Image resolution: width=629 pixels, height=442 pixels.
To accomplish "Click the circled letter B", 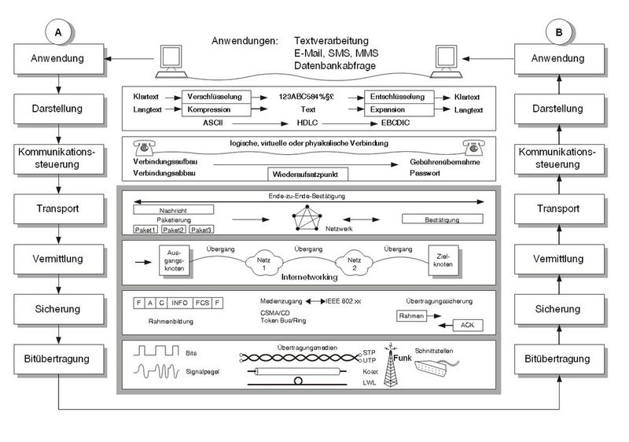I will pyautogui.click(x=557, y=31).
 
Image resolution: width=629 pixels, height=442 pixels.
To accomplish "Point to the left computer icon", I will pyautogui.click(x=171, y=61).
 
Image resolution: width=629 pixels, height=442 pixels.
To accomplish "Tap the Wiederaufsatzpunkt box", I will pyautogui.click(x=300, y=172).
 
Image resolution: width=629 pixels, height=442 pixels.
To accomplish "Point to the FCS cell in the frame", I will pyautogui.click(x=204, y=302).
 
